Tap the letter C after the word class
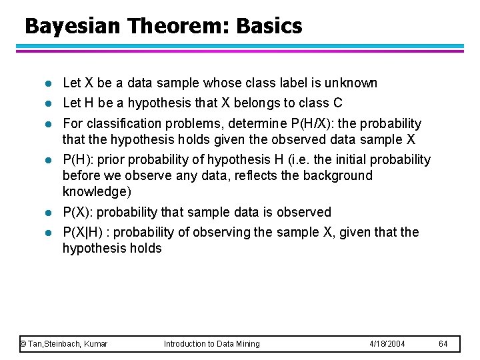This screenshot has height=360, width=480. pyautogui.click(x=337, y=103)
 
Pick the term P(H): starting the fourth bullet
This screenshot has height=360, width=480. pyautogui.click(x=80, y=159)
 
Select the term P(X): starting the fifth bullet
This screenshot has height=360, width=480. pyautogui.click(x=80, y=212)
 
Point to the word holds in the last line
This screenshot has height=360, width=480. pyautogui.click(x=146, y=248)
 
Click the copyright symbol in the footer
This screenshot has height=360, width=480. pyautogui.click(x=23, y=344)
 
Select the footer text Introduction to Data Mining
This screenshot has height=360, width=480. pyautogui.click(x=211, y=344)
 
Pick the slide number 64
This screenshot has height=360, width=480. pyautogui.click(x=443, y=344)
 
